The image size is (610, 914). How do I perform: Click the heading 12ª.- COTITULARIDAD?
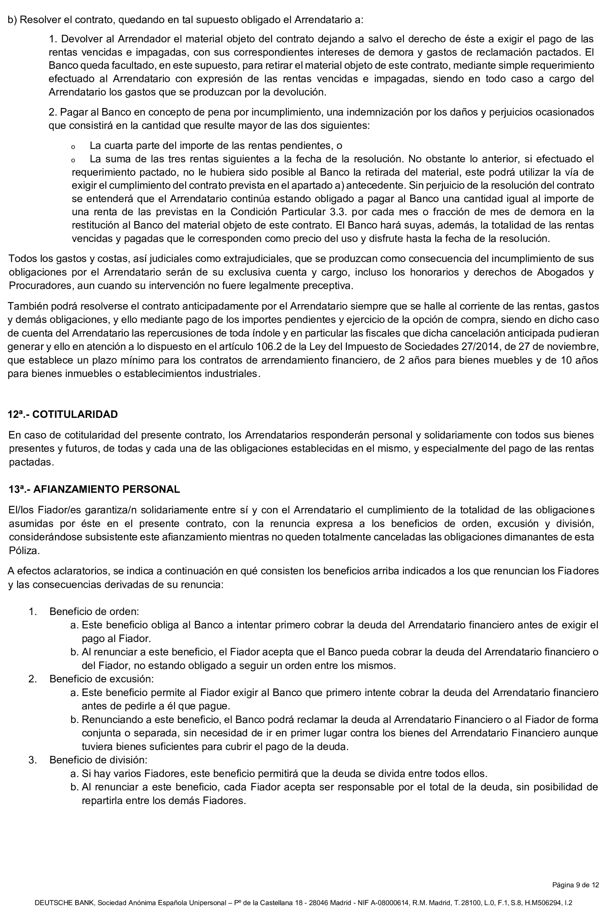point(63,414)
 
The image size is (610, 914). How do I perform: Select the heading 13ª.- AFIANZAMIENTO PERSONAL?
point(94,489)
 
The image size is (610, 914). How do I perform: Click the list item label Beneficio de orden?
point(94,611)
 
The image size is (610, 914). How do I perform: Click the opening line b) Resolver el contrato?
point(185,19)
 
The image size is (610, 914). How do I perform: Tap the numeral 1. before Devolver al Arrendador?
point(53,39)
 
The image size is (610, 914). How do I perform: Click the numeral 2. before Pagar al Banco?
point(53,113)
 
